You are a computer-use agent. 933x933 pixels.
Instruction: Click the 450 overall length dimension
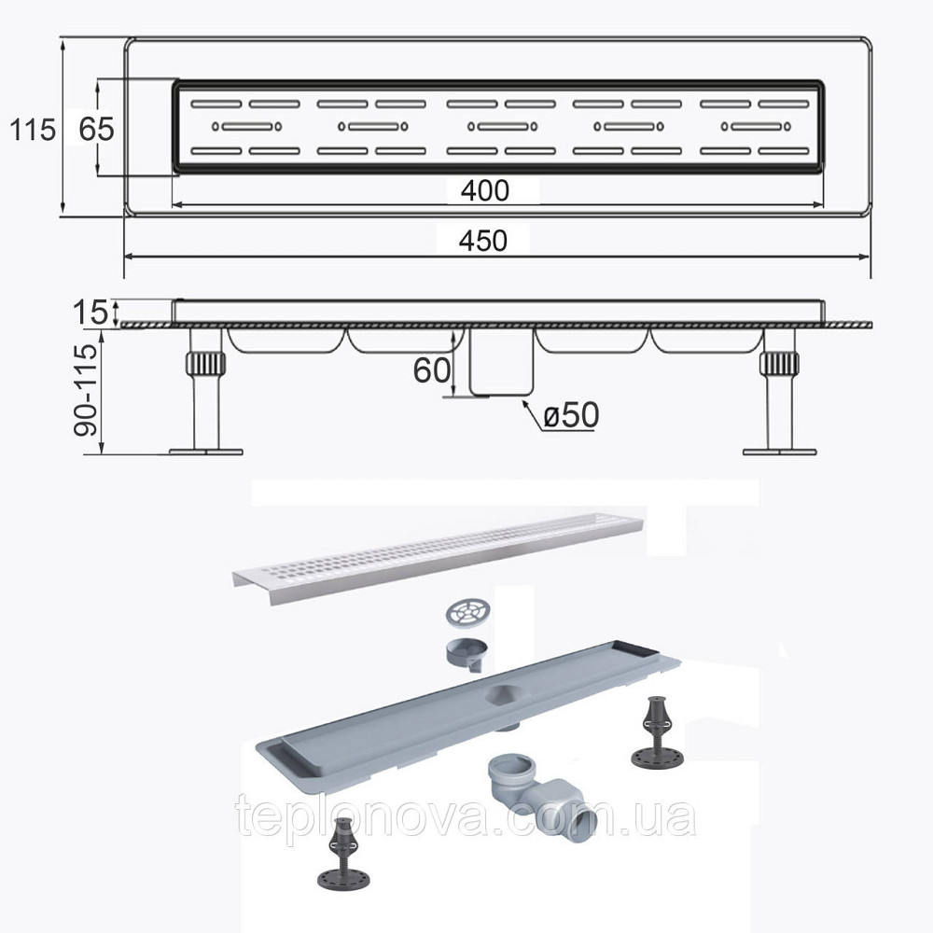(x=482, y=241)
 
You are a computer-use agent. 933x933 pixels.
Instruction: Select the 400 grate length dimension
(x=485, y=190)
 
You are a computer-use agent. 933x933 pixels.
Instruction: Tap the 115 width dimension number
(x=33, y=129)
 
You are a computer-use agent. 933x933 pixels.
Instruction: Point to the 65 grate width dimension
(x=96, y=129)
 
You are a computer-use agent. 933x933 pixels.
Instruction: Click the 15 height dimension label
(x=91, y=313)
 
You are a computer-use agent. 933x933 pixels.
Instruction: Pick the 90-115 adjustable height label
(x=85, y=390)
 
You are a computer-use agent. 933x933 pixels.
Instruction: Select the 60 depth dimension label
(x=432, y=370)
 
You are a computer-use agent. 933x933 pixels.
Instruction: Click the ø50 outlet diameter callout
(x=571, y=415)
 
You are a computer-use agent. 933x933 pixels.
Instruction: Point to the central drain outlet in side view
(x=501, y=362)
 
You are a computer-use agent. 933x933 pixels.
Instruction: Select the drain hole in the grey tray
(x=504, y=693)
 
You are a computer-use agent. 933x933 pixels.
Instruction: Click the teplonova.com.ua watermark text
(x=466, y=815)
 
